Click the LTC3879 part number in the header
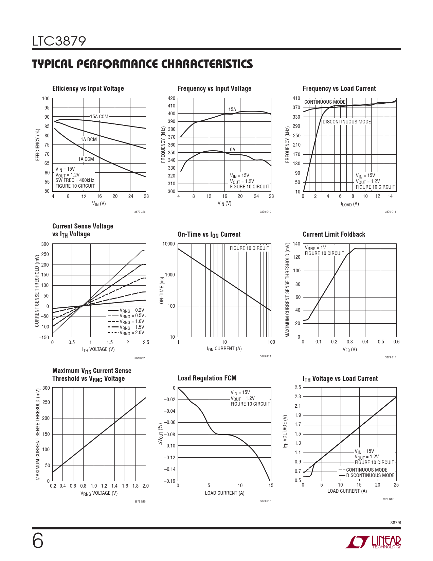(59, 41)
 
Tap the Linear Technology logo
(373, 542)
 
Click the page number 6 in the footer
(38, 541)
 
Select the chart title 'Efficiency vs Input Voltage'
(88, 88)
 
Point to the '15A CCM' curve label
(99, 117)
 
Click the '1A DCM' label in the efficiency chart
(89, 139)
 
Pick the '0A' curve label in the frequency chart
(232, 150)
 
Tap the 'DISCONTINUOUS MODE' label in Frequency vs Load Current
(347, 122)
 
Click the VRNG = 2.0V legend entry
(126, 333)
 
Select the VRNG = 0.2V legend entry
(126, 310)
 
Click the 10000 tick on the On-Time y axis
(168, 244)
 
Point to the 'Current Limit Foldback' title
(334, 234)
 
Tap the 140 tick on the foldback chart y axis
(296, 244)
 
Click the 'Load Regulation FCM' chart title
(207, 378)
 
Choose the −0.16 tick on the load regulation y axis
(169, 481)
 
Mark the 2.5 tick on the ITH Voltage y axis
(297, 387)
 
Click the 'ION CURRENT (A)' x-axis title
(224, 349)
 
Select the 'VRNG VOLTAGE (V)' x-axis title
(99, 493)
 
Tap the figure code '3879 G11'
(391, 212)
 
